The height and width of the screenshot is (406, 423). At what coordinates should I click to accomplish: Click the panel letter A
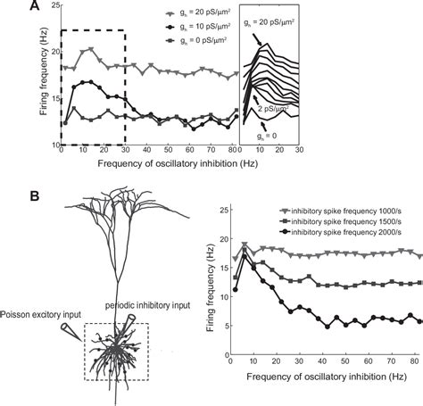click(9, 8)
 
